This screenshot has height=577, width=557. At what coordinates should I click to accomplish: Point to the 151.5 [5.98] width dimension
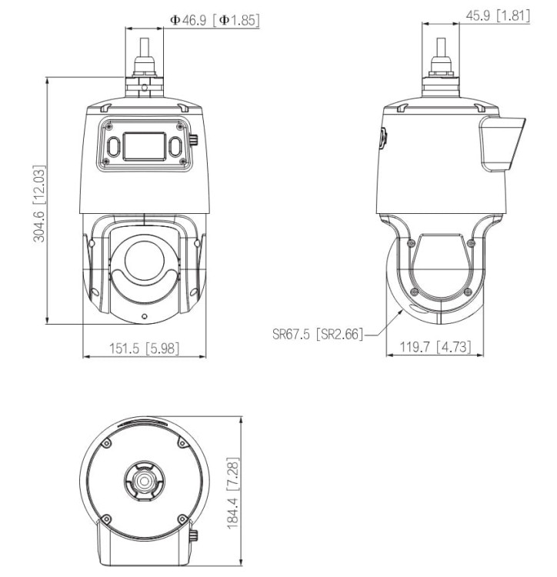[x=144, y=349]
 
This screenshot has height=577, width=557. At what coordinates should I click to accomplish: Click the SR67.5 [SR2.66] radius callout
[x=316, y=335]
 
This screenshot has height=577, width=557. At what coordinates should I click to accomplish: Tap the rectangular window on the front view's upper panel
[x=144, y=146]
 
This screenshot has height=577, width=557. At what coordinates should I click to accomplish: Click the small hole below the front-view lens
[x=144, y=316]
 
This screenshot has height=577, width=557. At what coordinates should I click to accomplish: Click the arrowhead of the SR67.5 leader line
[x=402, y=311]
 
